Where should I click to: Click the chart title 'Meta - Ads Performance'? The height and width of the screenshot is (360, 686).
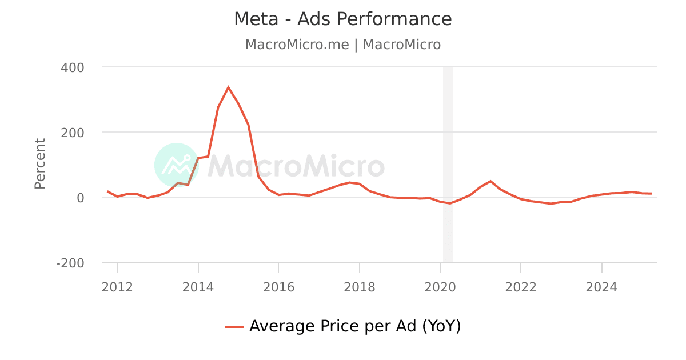pyautogui.click(x=343, y=19)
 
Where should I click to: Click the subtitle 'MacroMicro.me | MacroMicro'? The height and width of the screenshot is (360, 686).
pyautogui.click(x=343, y=45)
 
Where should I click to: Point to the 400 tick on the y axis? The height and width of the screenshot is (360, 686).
pyautogui.click(x=72, y=67)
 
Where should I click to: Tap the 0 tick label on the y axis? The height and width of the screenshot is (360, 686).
pyautogui.click(x=80, y=198)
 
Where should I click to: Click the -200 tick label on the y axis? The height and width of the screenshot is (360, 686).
pyautogui.click(x=70, y=263)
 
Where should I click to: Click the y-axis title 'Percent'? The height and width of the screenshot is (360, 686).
pyautogui.click(x=39, y=163)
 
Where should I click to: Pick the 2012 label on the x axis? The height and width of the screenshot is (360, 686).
pyautogui.click(x=117, y=287)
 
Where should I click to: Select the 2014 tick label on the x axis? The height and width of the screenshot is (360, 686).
pyautogui.click(x=198, y=287)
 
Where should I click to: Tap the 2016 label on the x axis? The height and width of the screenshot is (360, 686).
pyautogui.click(x=278, y=287)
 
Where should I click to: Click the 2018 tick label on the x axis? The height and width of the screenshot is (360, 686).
pyautogui.click(x=360, y=287)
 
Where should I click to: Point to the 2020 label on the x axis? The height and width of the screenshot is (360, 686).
pyautogui.click(x=440, y=287)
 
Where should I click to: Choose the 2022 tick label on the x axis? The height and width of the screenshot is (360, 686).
pyautogui.click(x=521, y=287)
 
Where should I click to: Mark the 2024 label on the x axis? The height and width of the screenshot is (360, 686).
pyautogui.click(x=601, y=287)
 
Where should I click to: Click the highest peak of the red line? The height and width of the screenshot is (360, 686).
pyautogui.click(x=228, y=87)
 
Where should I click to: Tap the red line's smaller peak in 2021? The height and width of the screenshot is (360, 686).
pyautogui.click(x=490, y=181)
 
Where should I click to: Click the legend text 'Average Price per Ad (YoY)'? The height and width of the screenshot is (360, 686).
pyautogui.click(x=355, y=326)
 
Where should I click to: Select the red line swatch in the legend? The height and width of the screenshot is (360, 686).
pyautogui.click(x=234, y=327)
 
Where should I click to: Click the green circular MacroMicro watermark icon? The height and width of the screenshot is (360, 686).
pyautogui.click(x=176, y=165)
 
